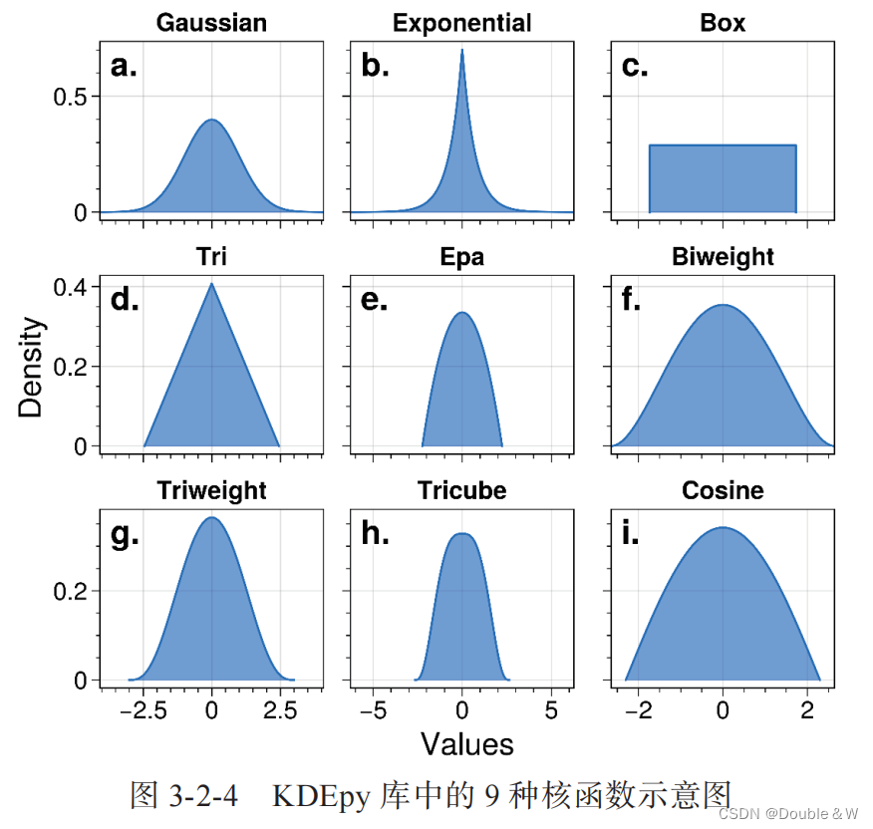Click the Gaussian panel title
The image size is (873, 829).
tap(211, 23)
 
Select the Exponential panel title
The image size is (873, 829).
tap(461, 23)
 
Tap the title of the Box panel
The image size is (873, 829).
tap(723, 23)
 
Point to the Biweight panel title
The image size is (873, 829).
tap(723, 257)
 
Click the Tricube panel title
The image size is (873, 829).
tap(461, 491)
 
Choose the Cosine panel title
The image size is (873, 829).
tap(723, 491)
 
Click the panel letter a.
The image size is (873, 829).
tap(124, 67)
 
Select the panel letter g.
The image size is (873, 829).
tap(125, 535)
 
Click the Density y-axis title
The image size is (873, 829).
tap(31, 367)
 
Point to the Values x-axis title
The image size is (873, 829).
tap(466, 744)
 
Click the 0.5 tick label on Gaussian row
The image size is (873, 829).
tap(71, 97)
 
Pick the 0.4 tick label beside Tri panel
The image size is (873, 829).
tap(71, 287)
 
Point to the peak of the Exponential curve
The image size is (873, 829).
tap(461, 50)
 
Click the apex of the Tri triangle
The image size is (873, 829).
tap(211, 284)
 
